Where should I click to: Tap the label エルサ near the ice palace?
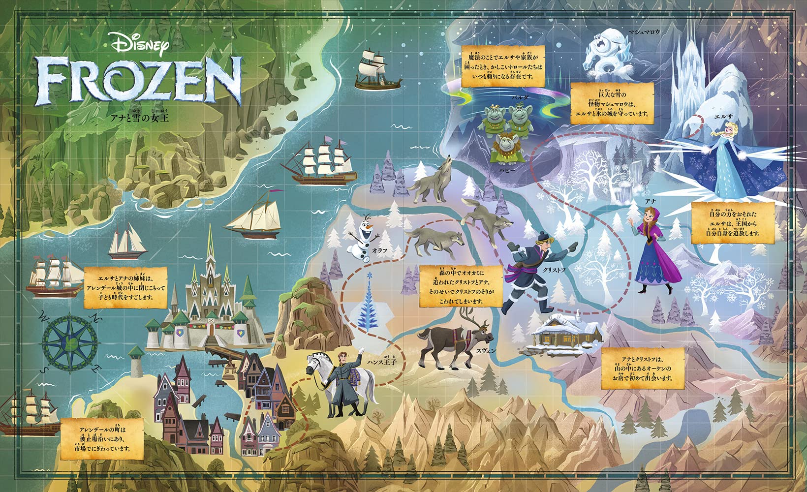[x=723, y=117]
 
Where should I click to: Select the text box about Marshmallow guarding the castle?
[x=612, y=103]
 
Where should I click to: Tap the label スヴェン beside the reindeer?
[x=486, y=351]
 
